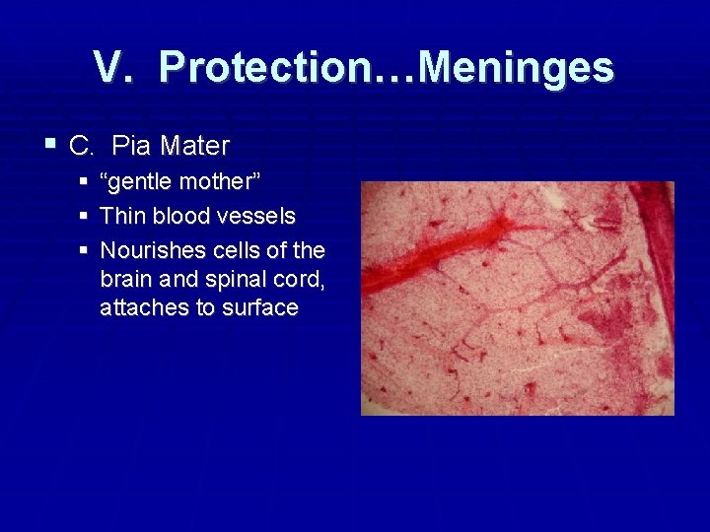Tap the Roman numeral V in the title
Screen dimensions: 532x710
pyautogui.click(x=112, y=68)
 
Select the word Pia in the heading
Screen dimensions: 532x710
pyautogui.click(x=131, y=147)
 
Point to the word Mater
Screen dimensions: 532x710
pyautogui.click(x=194, y=147)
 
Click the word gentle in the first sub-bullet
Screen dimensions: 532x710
pyautogui.click(x=136, y=182)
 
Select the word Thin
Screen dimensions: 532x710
pyautogui.click(x=122, y=215)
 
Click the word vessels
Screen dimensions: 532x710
pyautogui.click(x=261, y=215)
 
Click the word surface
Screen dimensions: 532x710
pyautogui.click(x=261, y=307)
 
